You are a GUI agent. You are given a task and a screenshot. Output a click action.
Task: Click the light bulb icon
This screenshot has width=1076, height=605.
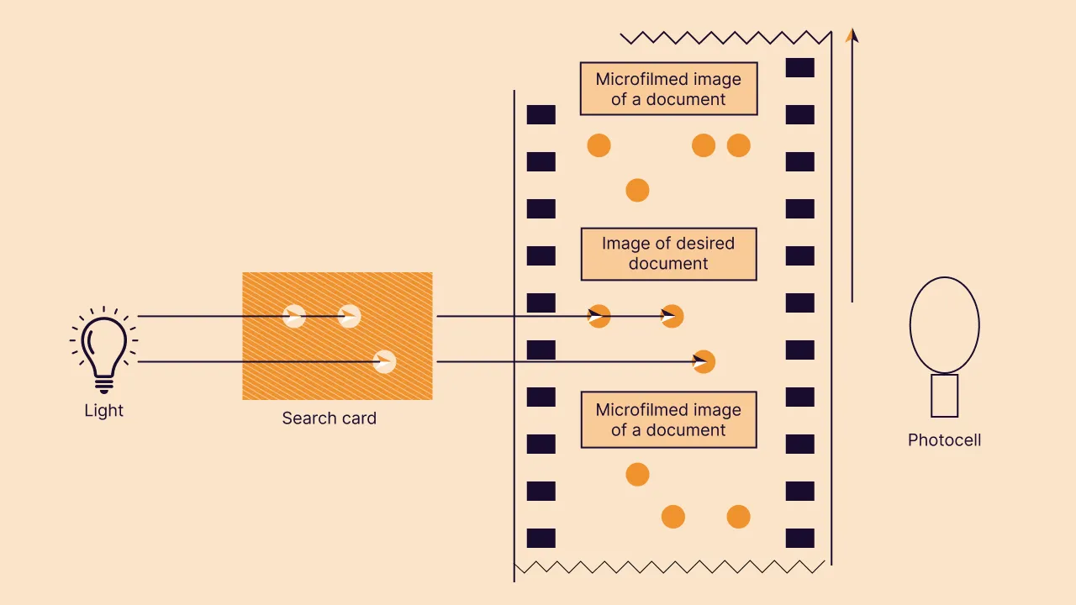[103, 351]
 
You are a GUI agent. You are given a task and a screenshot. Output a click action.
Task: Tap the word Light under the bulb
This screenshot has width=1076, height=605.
[103, 411]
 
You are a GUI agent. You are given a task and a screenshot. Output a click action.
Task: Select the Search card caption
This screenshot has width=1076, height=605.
[329, 418]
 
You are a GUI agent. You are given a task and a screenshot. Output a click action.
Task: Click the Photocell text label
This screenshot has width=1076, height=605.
[944, 440]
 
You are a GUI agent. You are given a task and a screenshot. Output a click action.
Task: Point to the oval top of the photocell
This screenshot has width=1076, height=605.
[944, 324]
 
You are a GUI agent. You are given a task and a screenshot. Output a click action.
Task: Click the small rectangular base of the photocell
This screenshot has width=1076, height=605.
[944, 396]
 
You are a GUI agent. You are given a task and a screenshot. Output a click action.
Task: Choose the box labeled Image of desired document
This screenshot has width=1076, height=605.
[668, 254]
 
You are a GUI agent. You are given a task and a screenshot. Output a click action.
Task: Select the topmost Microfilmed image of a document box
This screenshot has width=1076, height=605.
[668, 89]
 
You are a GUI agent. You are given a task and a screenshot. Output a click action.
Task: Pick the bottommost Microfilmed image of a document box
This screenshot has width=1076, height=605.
[668, 420]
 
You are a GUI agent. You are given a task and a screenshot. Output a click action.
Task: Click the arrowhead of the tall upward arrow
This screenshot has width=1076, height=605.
[852, 35]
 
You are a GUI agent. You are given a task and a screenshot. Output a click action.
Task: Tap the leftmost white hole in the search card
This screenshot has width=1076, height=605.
[293, 316]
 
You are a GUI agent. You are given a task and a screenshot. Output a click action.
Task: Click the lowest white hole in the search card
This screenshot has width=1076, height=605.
[384, 361]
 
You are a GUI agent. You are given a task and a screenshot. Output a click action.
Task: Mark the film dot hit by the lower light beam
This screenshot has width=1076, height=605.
[703, 361]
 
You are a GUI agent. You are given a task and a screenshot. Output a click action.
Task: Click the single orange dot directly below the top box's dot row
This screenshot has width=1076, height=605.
[637, 190]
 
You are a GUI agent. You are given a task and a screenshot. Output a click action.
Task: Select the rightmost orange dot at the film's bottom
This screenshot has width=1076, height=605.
[738, 516]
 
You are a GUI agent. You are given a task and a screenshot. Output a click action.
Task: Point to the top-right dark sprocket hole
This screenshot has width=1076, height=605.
[799, 67]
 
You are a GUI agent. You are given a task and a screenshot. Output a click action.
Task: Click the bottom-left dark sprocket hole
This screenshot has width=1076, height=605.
[541, 538]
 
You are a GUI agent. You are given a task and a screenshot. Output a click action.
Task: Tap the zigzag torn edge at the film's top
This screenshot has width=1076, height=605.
[725, 38]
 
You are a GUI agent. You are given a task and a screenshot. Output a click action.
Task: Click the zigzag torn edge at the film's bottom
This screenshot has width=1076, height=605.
[668, 567]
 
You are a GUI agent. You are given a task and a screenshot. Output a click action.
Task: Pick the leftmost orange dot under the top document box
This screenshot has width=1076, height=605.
[599, 145]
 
